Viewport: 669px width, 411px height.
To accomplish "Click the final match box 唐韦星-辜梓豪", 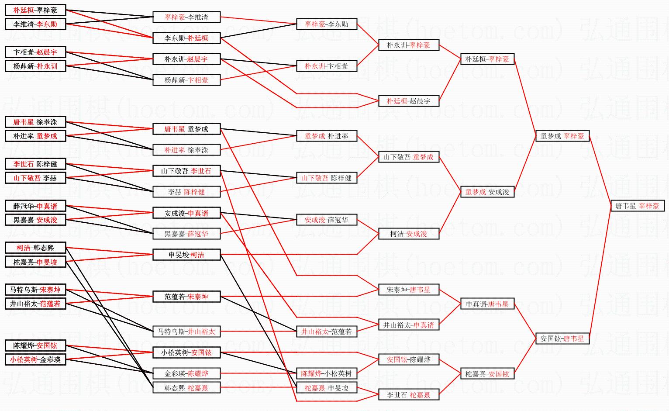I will click(x=637, y=206).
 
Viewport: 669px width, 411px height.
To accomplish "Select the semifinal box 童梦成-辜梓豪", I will click(x=562, y=136).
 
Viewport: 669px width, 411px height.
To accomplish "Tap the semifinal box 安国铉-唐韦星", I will click(x=562, y=338).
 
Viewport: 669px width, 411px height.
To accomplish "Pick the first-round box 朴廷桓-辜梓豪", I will click(x=35, y=10).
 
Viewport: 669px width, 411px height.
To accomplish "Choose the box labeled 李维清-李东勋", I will click(x=35, y=24).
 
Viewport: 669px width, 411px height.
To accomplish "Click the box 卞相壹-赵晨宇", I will click(x=35, y=52).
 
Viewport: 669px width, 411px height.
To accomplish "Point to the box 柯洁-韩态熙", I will click(x=35, y=248).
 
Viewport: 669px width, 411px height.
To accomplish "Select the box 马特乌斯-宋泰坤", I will click(x=35, y=290).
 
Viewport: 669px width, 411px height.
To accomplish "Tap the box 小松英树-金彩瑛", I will click(x=35, y=359).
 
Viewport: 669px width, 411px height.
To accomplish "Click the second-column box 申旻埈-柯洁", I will click(x=186, y=255).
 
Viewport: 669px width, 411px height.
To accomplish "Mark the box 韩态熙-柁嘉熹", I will click(x=186, y=387).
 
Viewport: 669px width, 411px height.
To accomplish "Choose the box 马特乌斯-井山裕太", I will click(x=186, y=332).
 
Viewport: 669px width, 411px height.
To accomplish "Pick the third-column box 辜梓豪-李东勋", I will click(x=327, y=24).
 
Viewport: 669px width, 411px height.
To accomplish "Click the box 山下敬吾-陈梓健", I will click(x=327, y=178).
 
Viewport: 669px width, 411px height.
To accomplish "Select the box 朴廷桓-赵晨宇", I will click(x=408, y=101).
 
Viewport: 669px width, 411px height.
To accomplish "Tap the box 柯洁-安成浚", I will click(x=408, y=234).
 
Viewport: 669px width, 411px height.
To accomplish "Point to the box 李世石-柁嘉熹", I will click(x=408, y=395).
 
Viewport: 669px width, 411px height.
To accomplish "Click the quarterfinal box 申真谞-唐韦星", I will click(x=487, y=304).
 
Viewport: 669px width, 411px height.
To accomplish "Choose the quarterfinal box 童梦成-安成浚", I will click(x=487, y=192).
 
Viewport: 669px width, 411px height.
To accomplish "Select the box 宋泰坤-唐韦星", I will click(x=408, y=290).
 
